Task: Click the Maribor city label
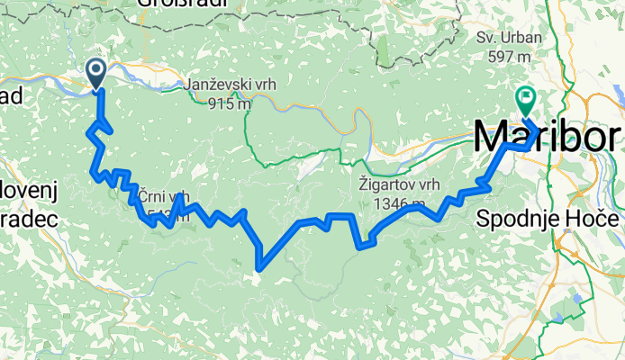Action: (x=546, y=138)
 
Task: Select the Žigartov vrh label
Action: (x=388, y=188)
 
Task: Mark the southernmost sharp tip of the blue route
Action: (x=259, y=267)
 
